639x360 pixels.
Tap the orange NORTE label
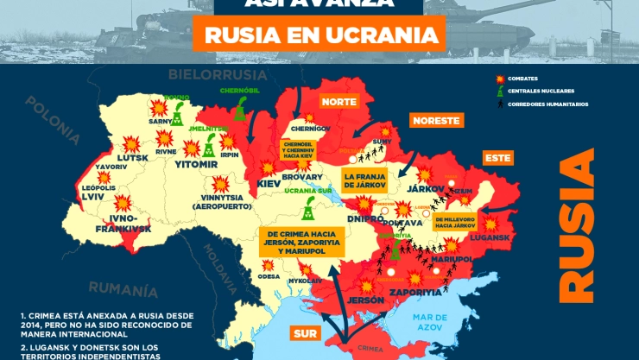click(338, 101)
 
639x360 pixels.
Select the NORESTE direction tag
click(434, 121)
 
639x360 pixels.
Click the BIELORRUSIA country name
click(209, 73)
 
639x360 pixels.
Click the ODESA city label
click(269, 276)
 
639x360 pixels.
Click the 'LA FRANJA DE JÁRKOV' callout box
click(370, 180)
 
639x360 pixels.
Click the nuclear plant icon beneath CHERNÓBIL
click(238, 107)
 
